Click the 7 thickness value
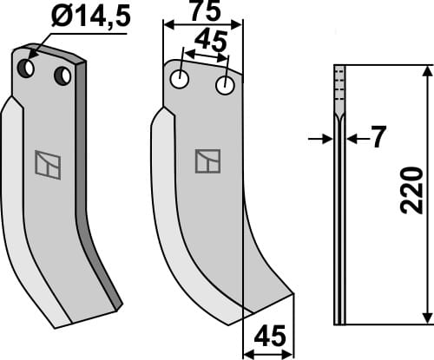(x=377, y=138)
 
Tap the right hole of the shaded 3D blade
(x=62, y=76)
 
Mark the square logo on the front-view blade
(x=207, y=160)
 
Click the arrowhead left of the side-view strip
(x=328, y=138)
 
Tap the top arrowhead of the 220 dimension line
(x=424, y=72)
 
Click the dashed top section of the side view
(x=339, y=87)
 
